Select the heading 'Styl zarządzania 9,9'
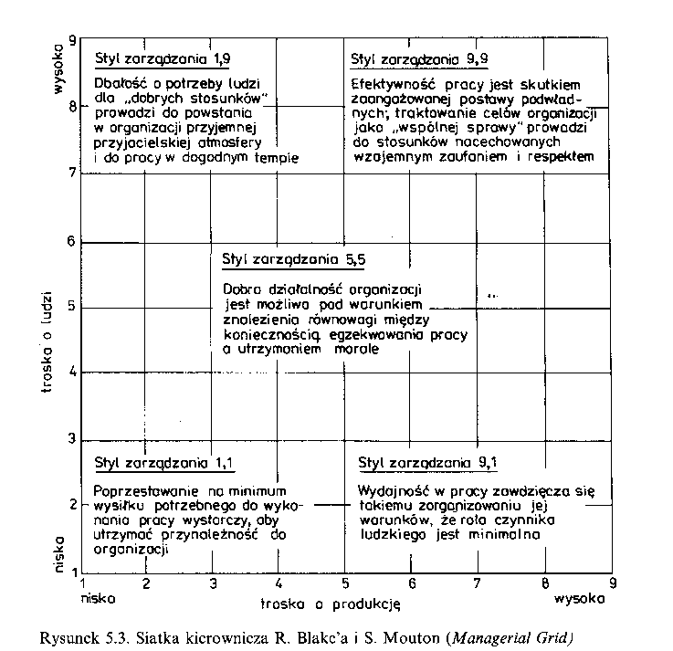pos(419,59)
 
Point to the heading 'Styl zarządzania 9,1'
pos(428,462)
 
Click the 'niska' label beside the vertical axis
pos(59,554)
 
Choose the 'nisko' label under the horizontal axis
pos(98,599)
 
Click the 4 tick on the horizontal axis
pos(278,583)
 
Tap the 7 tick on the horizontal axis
pos(478,583)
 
